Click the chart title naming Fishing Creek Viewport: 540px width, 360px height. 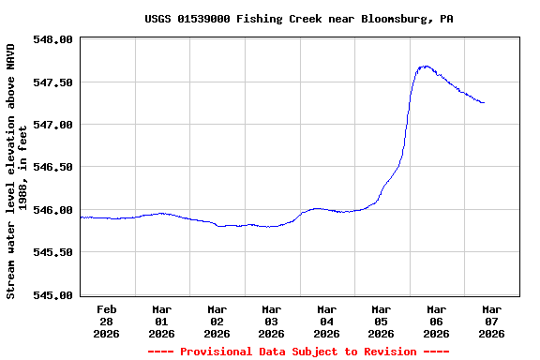(x=299, y=19)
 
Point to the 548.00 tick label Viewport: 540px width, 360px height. (x=52, y=39)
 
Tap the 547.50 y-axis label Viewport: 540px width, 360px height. (x=52, y=82)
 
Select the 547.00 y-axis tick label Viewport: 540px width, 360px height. (x=52, y=125)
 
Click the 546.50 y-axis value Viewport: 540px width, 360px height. (x=52, y=167)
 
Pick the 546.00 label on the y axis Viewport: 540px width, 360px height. (x=52, y=210)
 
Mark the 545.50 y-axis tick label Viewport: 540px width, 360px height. (x=52, y=252)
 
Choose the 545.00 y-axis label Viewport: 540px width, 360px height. (x=52, y=294)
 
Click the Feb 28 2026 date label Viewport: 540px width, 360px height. (x=107, y=321)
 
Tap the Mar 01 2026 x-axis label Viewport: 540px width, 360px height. (x=161, y=321)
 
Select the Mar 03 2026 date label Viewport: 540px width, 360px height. (x=271, y=321)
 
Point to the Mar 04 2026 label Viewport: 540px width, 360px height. (x=326, y=321)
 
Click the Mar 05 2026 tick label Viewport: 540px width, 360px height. (x=381, y=321)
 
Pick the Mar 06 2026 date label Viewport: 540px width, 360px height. (x=436, y=321)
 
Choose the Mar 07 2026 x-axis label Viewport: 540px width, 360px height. (x=490, y=321)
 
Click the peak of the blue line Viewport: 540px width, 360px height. (x=426, y=67)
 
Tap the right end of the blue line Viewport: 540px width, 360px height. (x=484, y=102)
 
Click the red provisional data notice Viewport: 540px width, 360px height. (x=299, y=352)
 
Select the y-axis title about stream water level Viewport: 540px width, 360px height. (x=17, y=170)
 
